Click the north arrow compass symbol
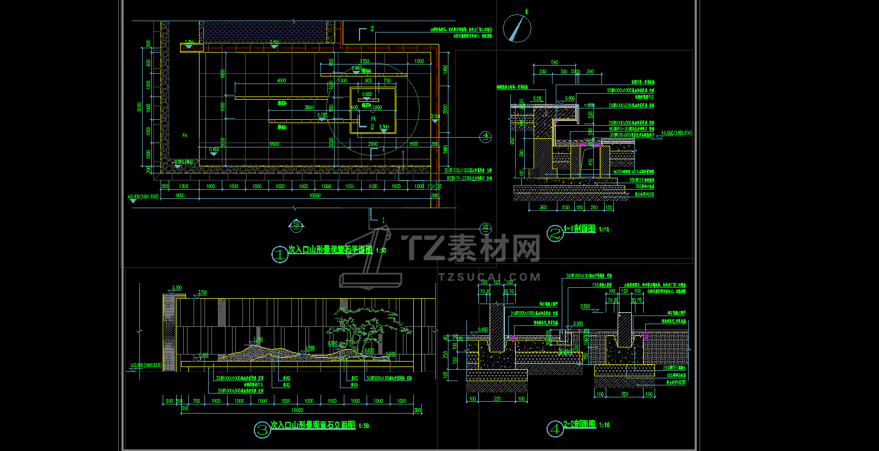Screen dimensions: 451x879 517,28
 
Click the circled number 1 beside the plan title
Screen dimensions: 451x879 279,254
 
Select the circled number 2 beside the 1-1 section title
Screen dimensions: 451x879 555,233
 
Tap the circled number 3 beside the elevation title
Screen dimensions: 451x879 262,430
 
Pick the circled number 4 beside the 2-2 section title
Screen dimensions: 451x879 555,429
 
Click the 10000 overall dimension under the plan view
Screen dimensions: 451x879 315,196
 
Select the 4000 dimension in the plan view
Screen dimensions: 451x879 281,81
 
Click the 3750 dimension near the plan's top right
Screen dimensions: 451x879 364,61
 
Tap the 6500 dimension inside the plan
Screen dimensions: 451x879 274,144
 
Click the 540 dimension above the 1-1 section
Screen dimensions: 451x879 554,63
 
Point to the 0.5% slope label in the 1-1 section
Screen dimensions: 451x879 537,99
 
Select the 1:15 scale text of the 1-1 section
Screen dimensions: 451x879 604,230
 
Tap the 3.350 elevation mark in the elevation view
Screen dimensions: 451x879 177,288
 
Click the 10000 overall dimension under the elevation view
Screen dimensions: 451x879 297,410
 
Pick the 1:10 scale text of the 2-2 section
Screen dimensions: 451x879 604,426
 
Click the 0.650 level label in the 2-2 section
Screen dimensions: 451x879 586,307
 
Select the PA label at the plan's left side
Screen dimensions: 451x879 184,136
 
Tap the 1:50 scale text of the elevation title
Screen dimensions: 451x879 363,426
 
